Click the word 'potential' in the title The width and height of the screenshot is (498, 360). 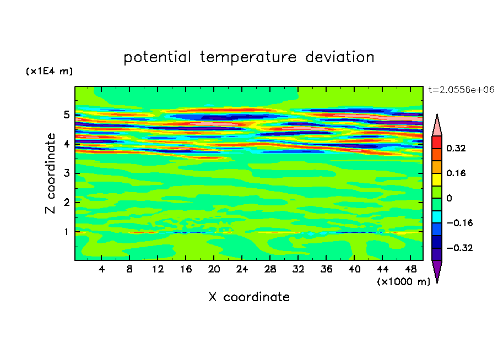[x=157, y=58]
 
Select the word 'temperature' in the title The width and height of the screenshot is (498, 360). [x=248, y=58]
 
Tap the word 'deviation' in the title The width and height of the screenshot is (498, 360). [x=340, y=57]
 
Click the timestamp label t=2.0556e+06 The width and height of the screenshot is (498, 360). [x=461, y=90]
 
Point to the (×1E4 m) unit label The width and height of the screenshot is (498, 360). [x=49, y=71]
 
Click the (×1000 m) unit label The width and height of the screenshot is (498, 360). [x=403, y=282]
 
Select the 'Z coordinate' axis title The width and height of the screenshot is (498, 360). [x=51, y=173]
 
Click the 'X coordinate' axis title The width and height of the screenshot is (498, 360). [x=249, y=297]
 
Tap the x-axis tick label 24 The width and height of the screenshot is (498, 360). [x=242, y=269]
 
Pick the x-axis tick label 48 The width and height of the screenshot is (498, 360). [x=410, y=269]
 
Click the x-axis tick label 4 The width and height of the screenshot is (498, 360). [x=101, y=269]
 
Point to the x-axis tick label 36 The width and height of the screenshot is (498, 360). [x=326, y=269]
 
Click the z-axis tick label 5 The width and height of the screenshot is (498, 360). [x=66, y=114]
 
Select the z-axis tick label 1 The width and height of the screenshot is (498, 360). [x=66, y=232]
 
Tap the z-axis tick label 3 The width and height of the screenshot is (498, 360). [x=66, y=173]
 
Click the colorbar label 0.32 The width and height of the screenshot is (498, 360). [x=456, y=148]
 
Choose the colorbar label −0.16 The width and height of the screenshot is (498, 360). [x=459, y=223]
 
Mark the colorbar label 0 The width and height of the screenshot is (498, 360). [x=449, y=198]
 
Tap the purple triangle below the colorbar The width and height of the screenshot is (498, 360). [x=437, y=270]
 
